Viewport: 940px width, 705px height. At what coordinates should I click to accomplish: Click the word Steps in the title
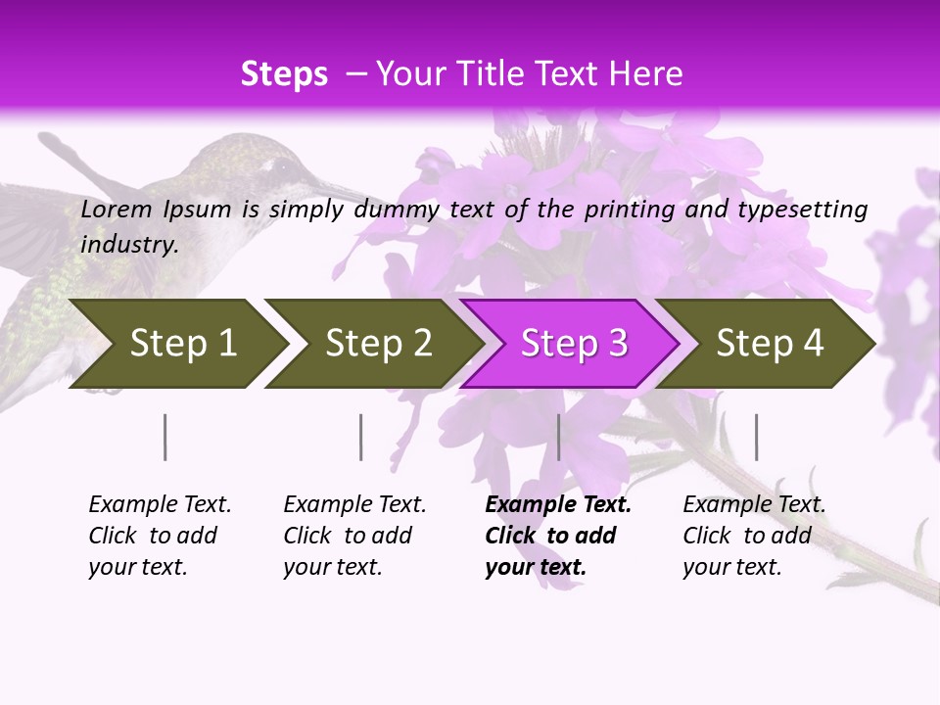pos(284,74)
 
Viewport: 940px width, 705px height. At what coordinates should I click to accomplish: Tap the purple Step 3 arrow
pos(573,344)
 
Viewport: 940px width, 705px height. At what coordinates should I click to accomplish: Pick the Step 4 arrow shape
pos(770,344)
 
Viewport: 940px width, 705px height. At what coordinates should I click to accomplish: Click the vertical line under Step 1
pos(165,437)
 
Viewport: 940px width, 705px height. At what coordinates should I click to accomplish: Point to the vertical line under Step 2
pos(361,437)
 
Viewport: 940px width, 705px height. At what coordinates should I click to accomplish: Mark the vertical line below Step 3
pos(558,437)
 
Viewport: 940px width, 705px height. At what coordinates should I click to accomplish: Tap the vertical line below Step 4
pos(756,437)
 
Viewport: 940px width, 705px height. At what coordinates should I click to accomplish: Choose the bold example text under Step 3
pos(557,536)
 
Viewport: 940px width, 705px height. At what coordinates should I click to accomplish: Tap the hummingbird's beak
pos(338,186)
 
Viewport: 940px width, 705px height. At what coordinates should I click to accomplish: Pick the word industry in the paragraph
pos(128,244)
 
